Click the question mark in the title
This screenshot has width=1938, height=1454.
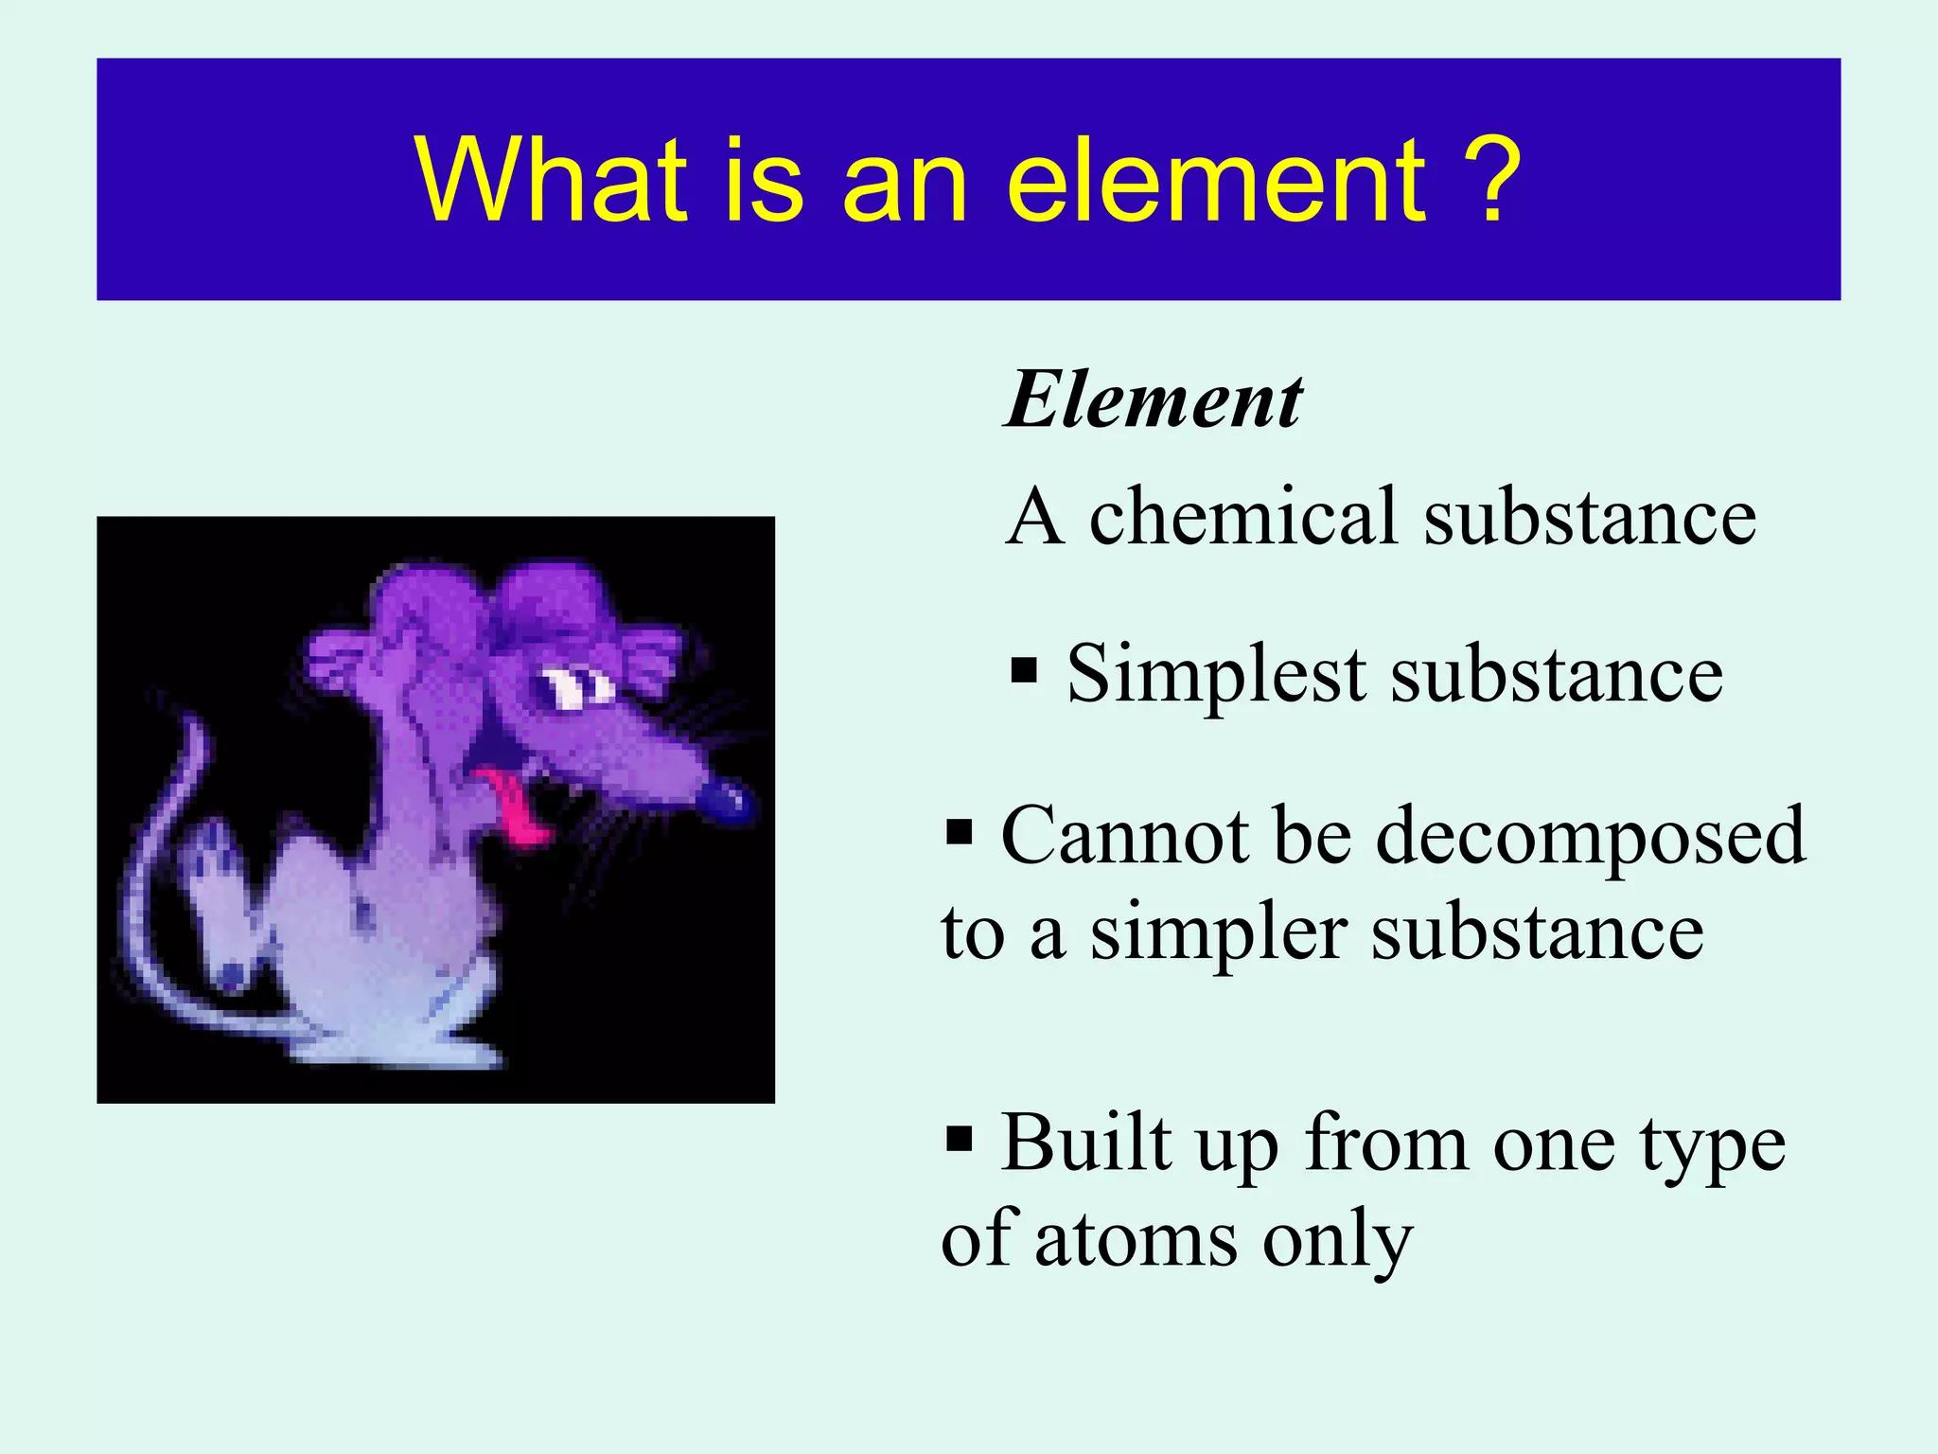point(1489,180)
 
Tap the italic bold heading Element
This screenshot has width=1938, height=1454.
point(1153,401)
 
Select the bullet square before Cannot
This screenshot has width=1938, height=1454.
point(959,834)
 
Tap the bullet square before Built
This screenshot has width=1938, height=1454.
point(959,1137)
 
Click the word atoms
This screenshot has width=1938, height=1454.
point(1136,1240)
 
